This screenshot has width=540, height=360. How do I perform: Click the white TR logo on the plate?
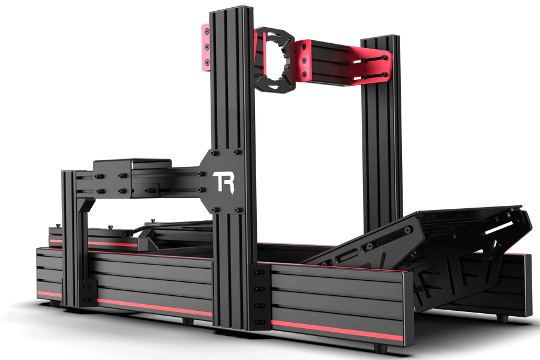pos(223,182)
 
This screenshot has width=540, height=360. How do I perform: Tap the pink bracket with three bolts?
pos(206,47)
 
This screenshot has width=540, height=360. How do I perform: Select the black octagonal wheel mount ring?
pos(275,59)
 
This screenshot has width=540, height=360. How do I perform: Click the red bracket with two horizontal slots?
pos(373,65)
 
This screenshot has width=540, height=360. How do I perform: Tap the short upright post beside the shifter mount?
pos(73,238)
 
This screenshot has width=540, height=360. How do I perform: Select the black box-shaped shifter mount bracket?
pos(133,178)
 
